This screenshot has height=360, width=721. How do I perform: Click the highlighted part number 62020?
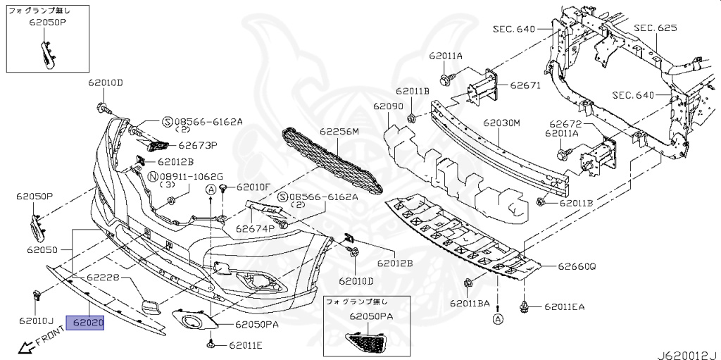point(85,323)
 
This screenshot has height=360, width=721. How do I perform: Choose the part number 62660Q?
point(577,267)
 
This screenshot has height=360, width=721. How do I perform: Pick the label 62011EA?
point(563,307)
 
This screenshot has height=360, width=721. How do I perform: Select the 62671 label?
point(525,85)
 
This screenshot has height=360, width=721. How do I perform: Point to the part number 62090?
point(388,106)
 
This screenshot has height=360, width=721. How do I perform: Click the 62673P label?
point(197,147)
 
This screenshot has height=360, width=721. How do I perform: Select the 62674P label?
point(255,228)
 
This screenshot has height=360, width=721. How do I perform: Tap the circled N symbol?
point(153,176)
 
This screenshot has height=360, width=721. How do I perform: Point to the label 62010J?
point(37,321)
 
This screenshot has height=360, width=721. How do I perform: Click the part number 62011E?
point(244,345)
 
